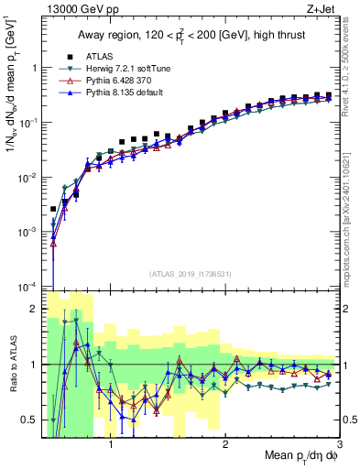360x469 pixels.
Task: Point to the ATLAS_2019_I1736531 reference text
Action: [x=190, y=274]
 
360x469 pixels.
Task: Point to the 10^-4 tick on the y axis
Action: [x=27, y=287]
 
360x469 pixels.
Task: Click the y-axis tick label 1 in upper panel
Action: [x=33, y=68]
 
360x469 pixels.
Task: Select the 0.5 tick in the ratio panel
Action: [x=28, y=420]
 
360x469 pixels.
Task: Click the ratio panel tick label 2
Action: [x=33, y=309]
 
